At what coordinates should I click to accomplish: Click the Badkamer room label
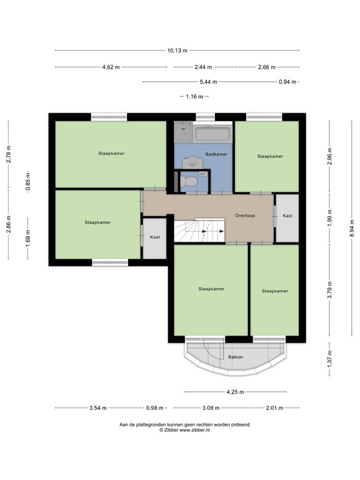(x=216, y=154)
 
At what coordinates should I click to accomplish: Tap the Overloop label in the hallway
(x=245, y=215)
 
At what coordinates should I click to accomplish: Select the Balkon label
(x=236, y=357)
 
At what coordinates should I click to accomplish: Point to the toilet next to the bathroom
(x=188, y=181)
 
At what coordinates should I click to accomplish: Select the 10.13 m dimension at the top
(x=177, y=51)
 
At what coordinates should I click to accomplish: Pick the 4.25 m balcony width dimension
(x=235, y=392)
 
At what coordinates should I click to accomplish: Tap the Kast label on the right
(x=287, y=216)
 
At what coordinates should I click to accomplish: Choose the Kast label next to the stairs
(x=154, y=237)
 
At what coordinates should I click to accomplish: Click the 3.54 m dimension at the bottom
(x=96, y=408)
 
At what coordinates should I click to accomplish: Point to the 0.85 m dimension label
(x=27, y=181)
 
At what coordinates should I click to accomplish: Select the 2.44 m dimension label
(x=203, y=67)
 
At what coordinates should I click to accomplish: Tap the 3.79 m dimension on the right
(x=330, y=290)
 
